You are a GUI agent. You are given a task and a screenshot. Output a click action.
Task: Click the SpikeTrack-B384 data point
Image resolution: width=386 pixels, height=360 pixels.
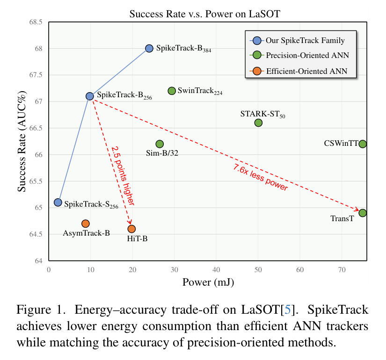[x=149, y=48]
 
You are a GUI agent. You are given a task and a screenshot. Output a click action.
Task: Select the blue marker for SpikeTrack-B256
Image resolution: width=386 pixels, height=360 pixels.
[x=90, y=96]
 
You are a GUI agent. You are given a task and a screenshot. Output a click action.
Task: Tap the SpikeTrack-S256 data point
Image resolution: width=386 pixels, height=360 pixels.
[x=58, y=202]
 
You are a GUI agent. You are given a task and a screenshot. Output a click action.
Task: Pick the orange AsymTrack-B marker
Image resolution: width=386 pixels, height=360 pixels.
[x=85, y=224]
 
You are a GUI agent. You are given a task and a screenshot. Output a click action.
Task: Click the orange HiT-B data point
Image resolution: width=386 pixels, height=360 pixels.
[x=131, y=229]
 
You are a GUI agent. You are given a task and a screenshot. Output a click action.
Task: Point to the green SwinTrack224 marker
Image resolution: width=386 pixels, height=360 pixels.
[x=172, y=91]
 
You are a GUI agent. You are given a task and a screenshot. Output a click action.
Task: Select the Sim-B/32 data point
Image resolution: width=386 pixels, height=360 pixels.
[x=160, y=144]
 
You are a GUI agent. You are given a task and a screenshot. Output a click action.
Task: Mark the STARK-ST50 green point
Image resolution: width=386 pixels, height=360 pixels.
[x=258, y=122]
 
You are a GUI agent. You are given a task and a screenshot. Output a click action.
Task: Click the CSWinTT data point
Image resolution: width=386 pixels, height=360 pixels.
[x=363, y=144]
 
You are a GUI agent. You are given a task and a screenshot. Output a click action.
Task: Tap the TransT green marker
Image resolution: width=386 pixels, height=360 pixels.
[x=363, y=213]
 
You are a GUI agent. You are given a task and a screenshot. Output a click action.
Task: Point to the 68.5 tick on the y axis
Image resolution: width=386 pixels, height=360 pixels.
[x=36, y=22]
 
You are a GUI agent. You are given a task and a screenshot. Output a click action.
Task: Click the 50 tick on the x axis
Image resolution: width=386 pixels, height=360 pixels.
[x=258, y=270]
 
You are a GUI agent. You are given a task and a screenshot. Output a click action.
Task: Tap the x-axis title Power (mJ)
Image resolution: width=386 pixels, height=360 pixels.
[x=208, y=282]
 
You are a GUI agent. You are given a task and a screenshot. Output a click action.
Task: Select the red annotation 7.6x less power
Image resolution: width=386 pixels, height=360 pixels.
[x=260, y=178]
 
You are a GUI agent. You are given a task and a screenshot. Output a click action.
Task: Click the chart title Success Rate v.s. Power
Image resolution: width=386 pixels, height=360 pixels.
[x=205, y=14]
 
